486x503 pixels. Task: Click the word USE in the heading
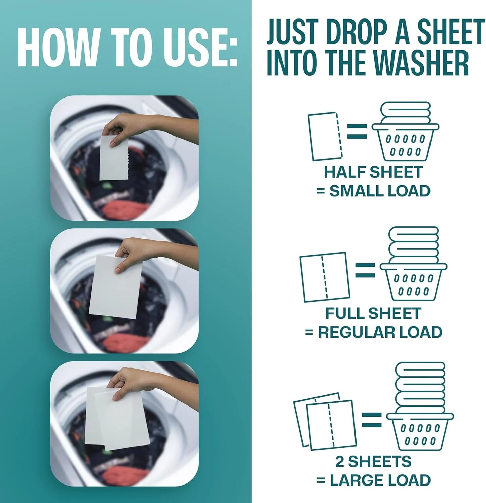(205, 47)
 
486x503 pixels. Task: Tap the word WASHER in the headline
(422, 63)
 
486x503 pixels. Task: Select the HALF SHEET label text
(373, 172)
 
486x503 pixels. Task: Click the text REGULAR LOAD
(380, 332)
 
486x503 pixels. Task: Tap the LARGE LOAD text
(380, 480)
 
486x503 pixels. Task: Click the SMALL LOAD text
(380, 191)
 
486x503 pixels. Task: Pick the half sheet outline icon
(325, 137)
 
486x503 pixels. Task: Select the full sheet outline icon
(325, 277)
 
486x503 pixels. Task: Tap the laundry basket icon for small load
(405, 131)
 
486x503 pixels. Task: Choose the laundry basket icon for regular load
(414, 264)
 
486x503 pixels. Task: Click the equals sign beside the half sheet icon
(357, 131)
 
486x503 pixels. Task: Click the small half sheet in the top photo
(114, 159)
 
